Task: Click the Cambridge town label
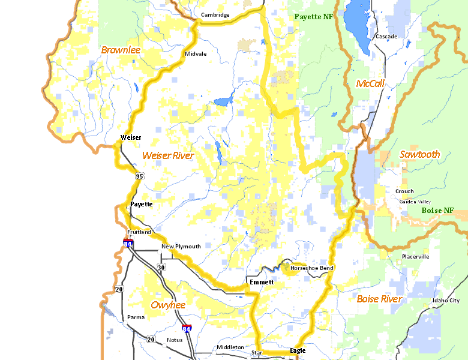(x=215, y=15)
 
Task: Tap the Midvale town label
(x=196, y=54)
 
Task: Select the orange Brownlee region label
(x=121, y=50)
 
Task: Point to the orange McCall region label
(x=370, y=83)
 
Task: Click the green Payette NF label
(x=313, y=17)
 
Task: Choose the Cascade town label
(x=386, y=37)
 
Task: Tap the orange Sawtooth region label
(x=419, y=154)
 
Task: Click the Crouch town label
(x=404, y=191)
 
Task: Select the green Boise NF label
(x=437, y=211)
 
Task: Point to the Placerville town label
(x=416, y=257)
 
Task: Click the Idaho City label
(x=446, y=301)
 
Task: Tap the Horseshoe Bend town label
(x=312, y=268)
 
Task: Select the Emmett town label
(x=262, y=282)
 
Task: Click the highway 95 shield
(x=140, y=176)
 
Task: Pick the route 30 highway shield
(x=161, y=267)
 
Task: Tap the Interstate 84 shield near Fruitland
(x=128, y=243)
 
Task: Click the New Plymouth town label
(x=181, y=247)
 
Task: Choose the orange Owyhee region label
(x=168, y=305)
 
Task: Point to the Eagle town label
(x=298, y=350)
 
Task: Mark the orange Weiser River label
(x=168, y=156)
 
